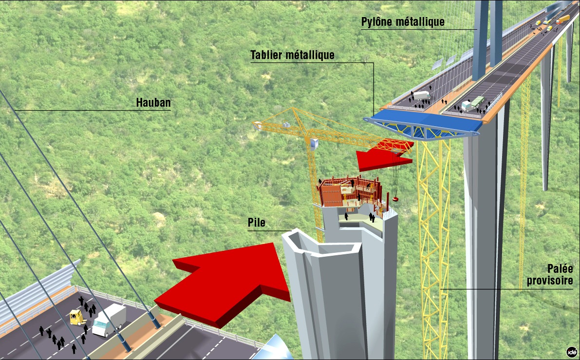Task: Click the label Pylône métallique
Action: coord(403,22)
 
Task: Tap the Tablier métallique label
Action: coord(292,55)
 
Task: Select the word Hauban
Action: coord(153,102)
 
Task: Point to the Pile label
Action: coord(256,222)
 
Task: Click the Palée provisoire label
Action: coord(550,275)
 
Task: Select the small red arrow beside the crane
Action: coord(385,155)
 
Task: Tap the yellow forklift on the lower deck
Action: coord(76,318)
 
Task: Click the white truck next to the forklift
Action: coord(109,320)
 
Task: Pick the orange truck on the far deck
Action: coord(562,19)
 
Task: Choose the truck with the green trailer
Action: coord(472,103)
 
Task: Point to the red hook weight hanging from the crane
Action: coord(395,199)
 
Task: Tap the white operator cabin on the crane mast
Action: coord(314,144)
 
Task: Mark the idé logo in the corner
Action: coord(572,352)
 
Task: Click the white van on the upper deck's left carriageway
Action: coord(422,95)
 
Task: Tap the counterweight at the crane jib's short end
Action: coord(258,126)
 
